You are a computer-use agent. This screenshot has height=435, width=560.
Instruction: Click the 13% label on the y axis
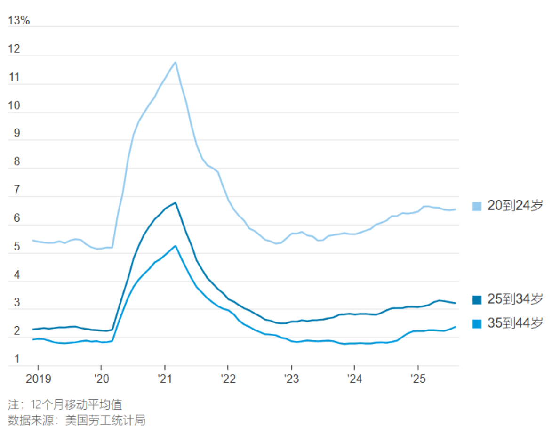[19, 20]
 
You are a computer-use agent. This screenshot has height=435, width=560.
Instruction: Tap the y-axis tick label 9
[16, 133]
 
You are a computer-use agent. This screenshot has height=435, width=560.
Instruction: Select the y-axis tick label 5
[16, 247]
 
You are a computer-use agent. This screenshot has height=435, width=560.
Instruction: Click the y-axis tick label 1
[17, 359]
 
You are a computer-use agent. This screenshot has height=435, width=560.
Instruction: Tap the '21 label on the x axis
[165, 378]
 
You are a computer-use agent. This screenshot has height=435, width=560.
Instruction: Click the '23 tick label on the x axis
[291, 378]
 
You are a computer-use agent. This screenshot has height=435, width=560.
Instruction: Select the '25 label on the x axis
[418, 378]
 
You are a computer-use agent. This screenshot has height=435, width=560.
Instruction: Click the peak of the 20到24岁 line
[176, 62]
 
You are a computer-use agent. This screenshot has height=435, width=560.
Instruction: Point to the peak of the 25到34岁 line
[176, 203]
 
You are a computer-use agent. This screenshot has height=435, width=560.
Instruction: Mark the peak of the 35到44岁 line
[176, 246]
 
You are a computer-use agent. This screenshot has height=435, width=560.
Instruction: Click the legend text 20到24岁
[515, 206]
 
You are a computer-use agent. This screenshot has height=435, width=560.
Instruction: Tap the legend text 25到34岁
[515, 299]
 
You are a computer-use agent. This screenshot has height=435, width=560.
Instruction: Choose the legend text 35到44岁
[515, 323]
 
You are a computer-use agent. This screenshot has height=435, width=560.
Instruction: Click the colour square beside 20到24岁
[477, 206]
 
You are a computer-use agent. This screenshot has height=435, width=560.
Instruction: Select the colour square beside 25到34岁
[477, 299]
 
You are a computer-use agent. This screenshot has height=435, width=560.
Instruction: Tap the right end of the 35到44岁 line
[455, 327]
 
